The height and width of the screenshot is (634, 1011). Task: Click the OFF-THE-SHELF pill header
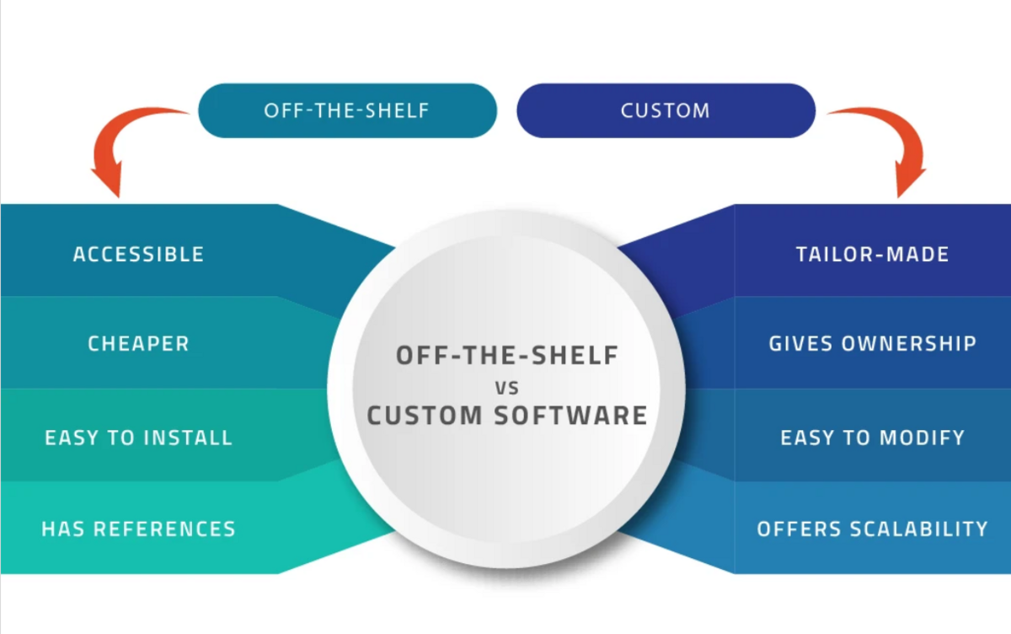pos(347,110)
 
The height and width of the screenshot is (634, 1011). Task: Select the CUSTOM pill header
pos(666,110)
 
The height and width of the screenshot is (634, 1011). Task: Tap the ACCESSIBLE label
pos(138,254)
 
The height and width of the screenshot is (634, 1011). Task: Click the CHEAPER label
pos(138,344)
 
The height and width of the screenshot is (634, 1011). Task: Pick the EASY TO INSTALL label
pos(138,438)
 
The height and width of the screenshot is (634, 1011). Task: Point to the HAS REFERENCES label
pos(138,529)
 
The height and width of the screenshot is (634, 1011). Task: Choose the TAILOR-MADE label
pos(872,254)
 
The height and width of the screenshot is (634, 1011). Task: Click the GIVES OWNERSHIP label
pos(872,344)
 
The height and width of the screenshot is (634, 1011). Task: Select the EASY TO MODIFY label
pos(872,438)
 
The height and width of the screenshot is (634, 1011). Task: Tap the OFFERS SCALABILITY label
pos(872,529)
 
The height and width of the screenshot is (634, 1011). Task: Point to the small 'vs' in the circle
pos(506,387)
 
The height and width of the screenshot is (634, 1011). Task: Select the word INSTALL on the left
pos(188,438)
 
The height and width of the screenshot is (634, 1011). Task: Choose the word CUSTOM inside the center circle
pos(422,416)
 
